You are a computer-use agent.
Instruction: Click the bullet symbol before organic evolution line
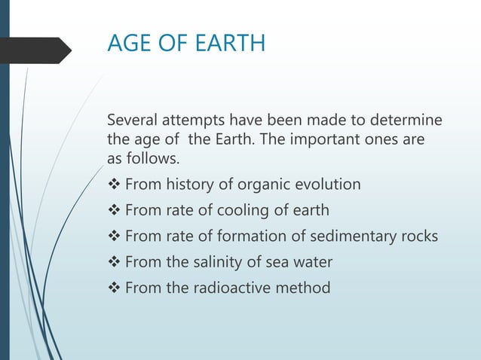pos(114,185)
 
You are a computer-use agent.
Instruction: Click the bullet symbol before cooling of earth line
pos(114,210)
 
